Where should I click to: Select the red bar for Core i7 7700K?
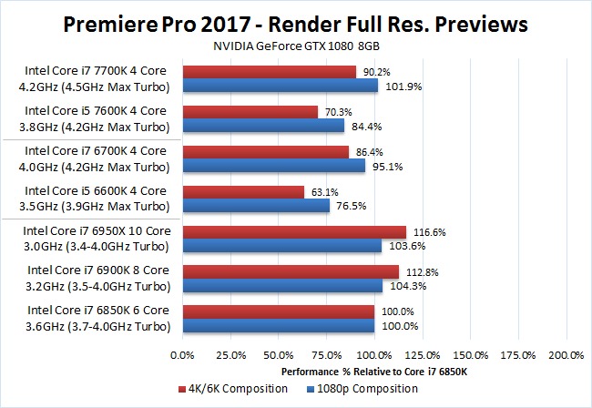pos(270,72)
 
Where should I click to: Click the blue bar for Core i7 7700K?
pos(281,86)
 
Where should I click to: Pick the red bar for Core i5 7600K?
pos(250,112)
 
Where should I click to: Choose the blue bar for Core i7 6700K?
pos(274,166)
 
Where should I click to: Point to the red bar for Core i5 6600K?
pos(243,191)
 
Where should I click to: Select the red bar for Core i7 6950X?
pos(294,232)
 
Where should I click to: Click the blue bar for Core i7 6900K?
pos(283,285)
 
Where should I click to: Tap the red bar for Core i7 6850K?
pos(279,312)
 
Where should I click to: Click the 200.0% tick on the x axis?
pos(566,352)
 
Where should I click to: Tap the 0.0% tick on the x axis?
pos(183,352)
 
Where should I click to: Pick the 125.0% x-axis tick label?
pos(423,352)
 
